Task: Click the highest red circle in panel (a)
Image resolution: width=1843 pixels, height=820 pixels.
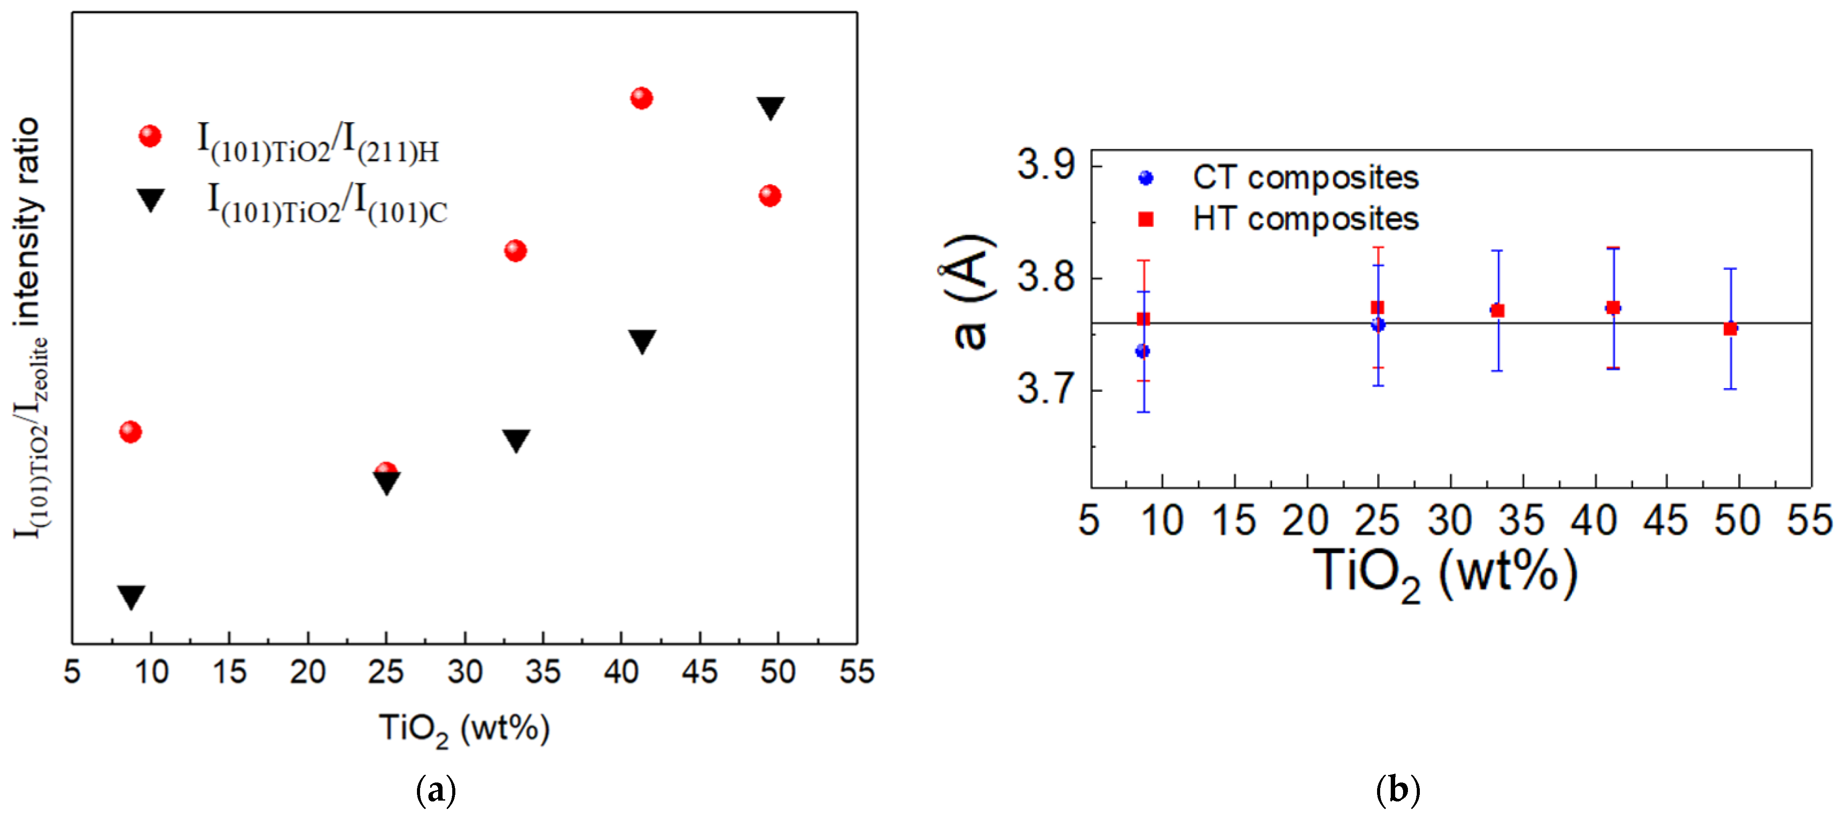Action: [x=641, y=98]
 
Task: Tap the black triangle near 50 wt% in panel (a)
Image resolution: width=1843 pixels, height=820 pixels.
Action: [x=770, y=107]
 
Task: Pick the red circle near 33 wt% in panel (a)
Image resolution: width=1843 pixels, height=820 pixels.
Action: [x=515, y=251]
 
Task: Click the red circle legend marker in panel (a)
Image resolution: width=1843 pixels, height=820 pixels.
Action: [x=150, y=136]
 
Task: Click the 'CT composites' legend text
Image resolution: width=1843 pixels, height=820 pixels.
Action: [x=1305, y=177]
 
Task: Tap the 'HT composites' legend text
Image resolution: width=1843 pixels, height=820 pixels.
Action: [x=1305, y=219]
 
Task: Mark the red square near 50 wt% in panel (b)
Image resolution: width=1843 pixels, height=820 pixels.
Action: [x=1730, y=329]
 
